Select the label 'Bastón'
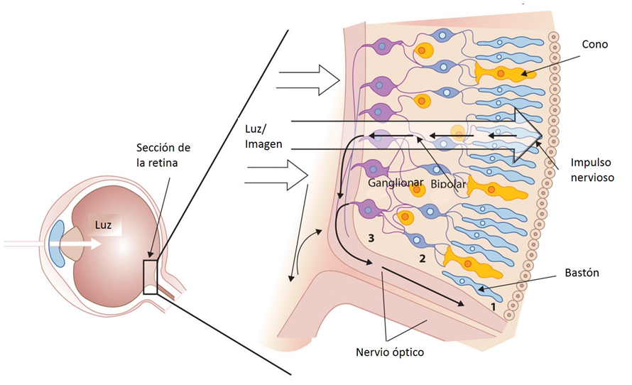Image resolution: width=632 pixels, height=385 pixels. click(x=582, y=273)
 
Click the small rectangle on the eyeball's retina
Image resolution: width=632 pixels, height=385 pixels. click(x=150, y=277)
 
